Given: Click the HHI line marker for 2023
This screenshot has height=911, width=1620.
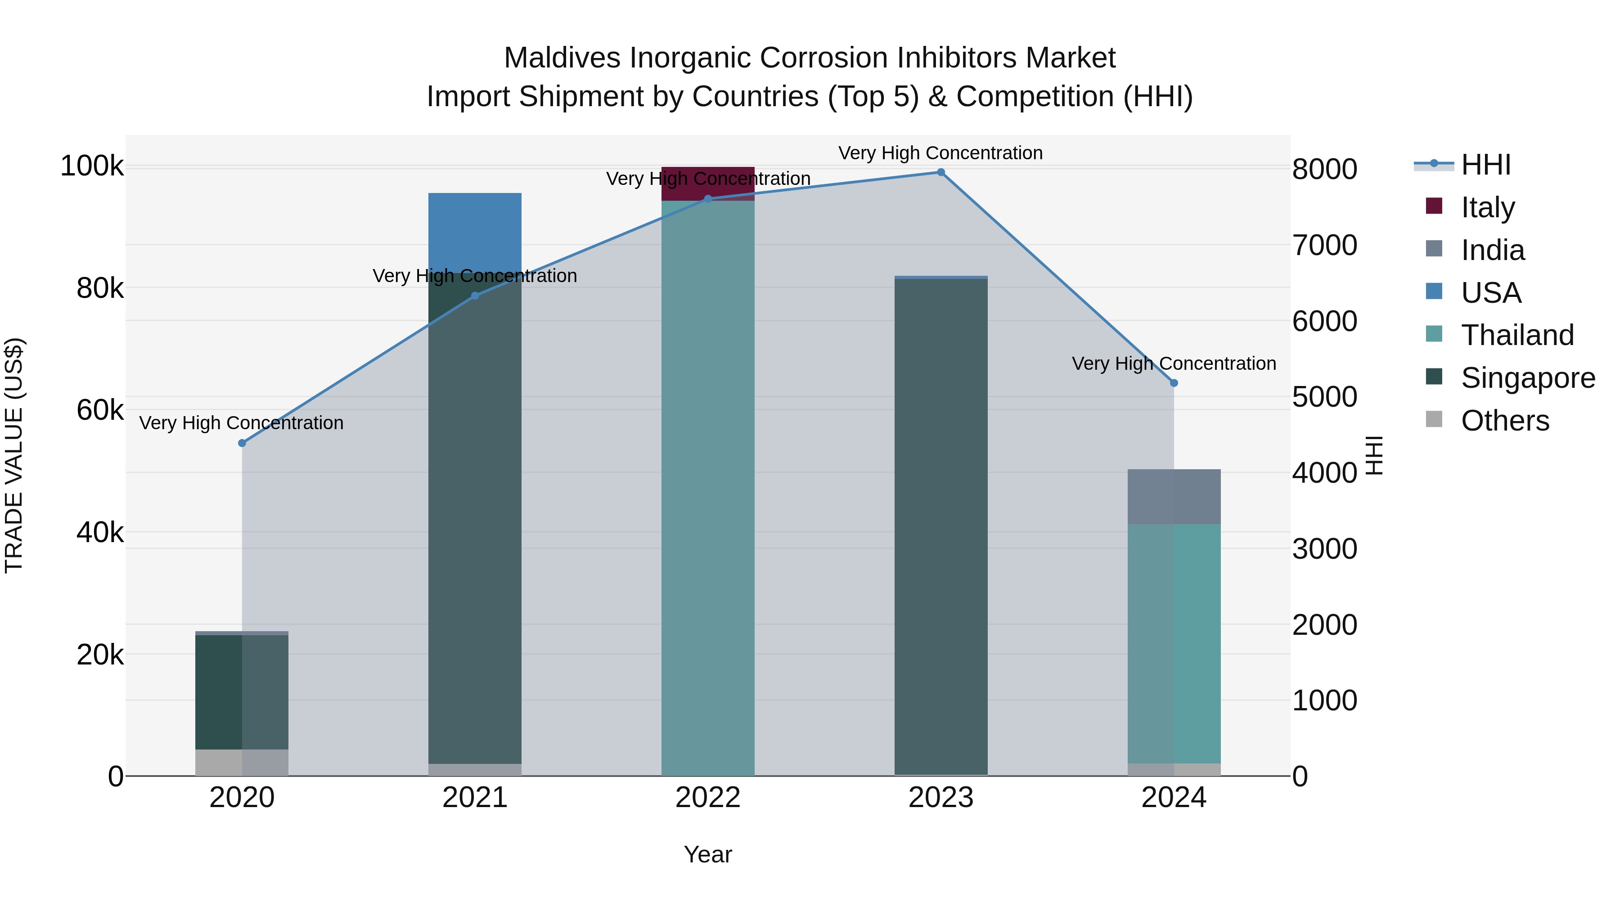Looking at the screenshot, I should tap(941, 172).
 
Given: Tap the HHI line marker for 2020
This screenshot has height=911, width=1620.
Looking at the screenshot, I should tap(242, 443).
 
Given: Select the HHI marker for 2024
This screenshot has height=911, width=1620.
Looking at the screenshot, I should tap(1174, 383).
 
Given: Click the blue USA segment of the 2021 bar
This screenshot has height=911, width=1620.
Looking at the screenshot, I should tap(475, 233).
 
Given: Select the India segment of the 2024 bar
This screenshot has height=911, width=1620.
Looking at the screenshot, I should tap(1174, 497).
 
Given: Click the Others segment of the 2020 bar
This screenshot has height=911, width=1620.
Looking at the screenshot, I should tap(242, 762).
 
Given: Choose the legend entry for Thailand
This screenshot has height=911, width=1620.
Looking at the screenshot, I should tap(1517, 335).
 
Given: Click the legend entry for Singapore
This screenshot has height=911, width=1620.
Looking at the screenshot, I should tap(1528, 378).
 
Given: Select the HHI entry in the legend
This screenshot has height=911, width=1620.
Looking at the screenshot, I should tap(1485, 165).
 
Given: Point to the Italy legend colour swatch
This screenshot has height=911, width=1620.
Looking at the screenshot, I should tap(1434, 206).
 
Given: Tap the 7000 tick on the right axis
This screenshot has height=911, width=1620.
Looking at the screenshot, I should tap(1324, 245).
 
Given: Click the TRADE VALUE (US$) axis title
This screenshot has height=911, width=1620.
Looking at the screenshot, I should tap(14, 455).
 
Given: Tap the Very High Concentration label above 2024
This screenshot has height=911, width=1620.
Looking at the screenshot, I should tap(1174, 364).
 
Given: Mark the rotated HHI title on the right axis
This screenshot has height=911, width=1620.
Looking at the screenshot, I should tap(1375, 455).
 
